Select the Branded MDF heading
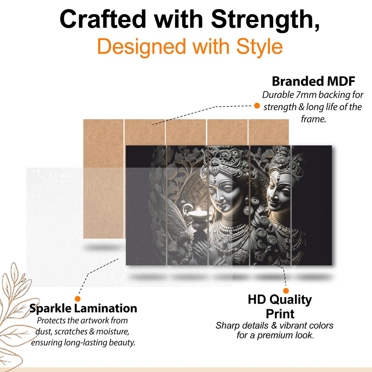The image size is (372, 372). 313,81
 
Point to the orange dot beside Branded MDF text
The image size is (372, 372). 257,106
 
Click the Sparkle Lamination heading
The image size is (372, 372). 83,308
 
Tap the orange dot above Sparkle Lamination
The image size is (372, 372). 77,299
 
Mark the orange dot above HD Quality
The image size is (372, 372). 286,290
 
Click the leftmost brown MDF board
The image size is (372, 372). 103,179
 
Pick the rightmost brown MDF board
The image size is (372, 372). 268,132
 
